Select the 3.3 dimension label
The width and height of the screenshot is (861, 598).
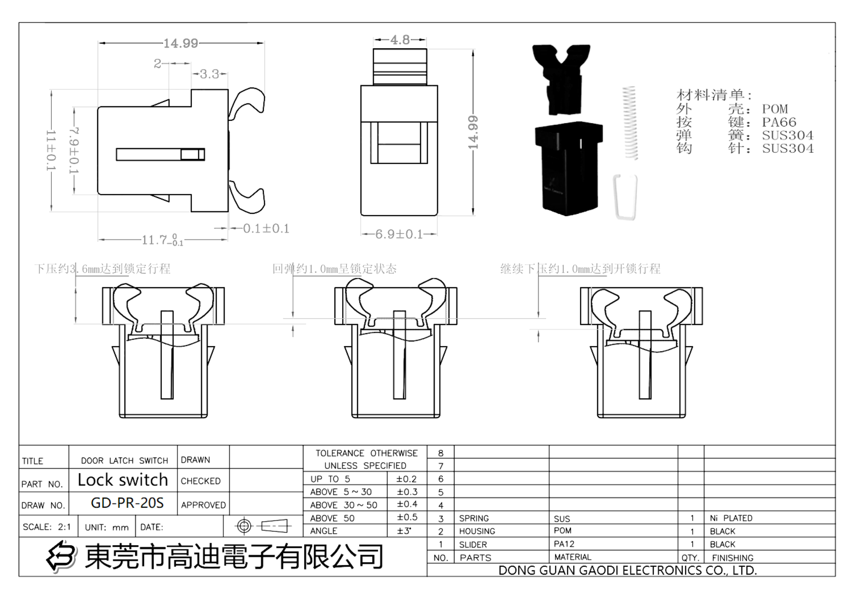(x=209, y=74)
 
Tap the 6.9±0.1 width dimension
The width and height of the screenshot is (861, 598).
(x=399, y=234)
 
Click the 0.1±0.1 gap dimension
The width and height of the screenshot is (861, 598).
(x=266, y=228)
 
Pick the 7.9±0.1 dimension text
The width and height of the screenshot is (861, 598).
(x=74, y=151)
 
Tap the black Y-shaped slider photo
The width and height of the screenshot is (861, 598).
(x=562, y=79)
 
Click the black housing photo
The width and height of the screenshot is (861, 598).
(x=568, y=169)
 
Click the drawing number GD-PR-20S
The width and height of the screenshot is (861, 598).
(x=127, y=503)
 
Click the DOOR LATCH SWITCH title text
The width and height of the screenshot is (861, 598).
(x=125, y=461)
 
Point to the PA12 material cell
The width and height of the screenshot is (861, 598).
(x=564, y=544)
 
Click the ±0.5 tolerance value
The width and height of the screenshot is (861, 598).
(x=407, y=517)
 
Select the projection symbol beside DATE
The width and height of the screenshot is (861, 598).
(x=263, y=526)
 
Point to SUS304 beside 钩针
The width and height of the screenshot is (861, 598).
(x=788, y=148)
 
